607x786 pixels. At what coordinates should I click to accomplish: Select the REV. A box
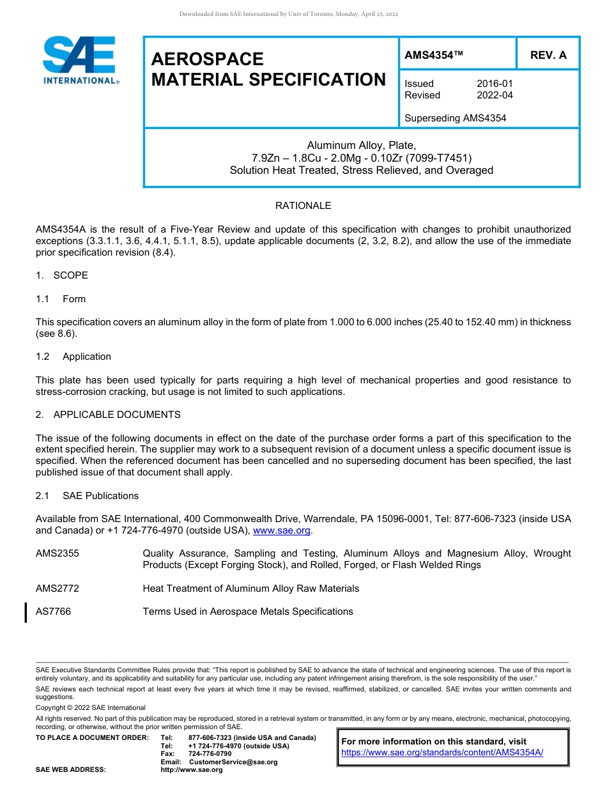pos(548,56)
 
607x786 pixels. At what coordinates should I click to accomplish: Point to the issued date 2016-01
pos(495,84)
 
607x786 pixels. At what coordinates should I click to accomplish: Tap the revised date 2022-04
pos(495,95)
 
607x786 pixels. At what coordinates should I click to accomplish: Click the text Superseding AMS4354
pos(455,118)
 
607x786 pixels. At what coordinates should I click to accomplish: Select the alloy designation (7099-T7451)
pos(439,158)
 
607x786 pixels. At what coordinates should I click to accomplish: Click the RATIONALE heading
pos(303,206)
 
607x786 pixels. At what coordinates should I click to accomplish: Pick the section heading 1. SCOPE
pos(62,275)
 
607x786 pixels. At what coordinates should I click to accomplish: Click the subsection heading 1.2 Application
pos(73,357)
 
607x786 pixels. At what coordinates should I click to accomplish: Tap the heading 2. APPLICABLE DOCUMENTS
pos(108,415)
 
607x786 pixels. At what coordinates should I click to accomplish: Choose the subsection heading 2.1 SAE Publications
pos(87,496)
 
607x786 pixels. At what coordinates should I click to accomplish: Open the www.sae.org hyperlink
pos(282,530)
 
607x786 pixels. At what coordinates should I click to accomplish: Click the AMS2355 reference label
pos(58,553)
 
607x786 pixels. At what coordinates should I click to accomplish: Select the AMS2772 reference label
pos(58,589)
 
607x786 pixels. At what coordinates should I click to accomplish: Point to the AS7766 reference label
pos(54,612)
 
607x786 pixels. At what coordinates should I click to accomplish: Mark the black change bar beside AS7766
pos(26,612)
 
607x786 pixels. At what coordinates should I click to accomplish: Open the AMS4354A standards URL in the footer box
pos(442,753)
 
